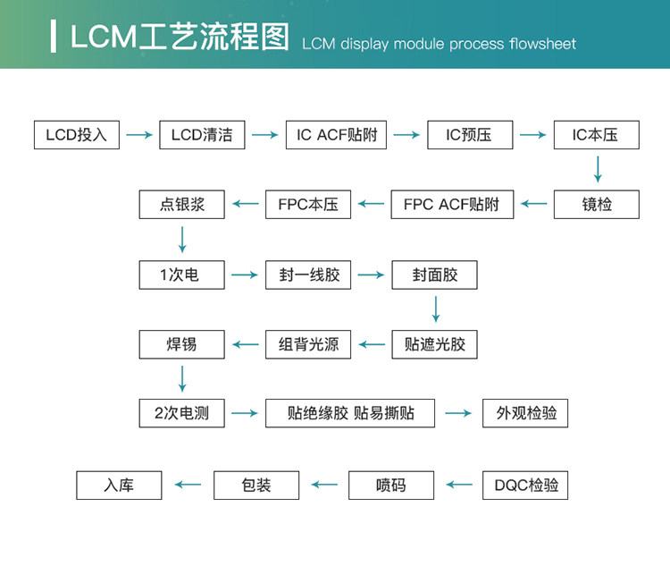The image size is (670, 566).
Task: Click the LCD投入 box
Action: [76, 135]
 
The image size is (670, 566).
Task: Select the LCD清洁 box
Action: [202, 135]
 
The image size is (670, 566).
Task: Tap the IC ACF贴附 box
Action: [337, 135]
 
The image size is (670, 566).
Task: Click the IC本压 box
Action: [596, 135]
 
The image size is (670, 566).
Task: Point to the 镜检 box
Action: [596, 205]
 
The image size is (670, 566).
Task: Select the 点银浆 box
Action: [182, 205]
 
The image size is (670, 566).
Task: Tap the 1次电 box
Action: [182, 275]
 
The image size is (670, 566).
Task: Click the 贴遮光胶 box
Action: [435, 344]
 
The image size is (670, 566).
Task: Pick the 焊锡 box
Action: [182, 344]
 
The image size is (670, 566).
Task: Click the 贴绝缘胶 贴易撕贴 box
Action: [350, 414]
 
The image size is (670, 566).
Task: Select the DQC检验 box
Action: [525, 485]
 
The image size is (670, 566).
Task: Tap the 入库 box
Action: [119, 485]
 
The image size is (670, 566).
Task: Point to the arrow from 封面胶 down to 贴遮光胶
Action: [436, 309]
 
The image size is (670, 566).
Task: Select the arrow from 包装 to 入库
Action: [188, 485]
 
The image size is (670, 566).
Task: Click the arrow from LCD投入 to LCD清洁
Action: [139, 135]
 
